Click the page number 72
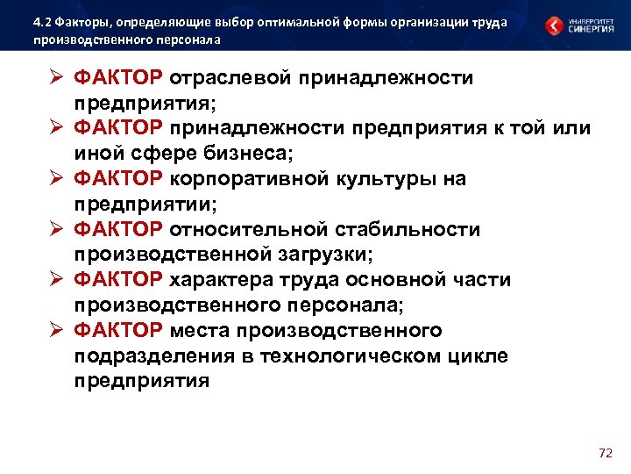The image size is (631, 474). coord(605,453)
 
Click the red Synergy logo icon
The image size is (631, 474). coord(554,25)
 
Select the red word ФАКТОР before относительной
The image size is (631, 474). coord(118,230)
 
